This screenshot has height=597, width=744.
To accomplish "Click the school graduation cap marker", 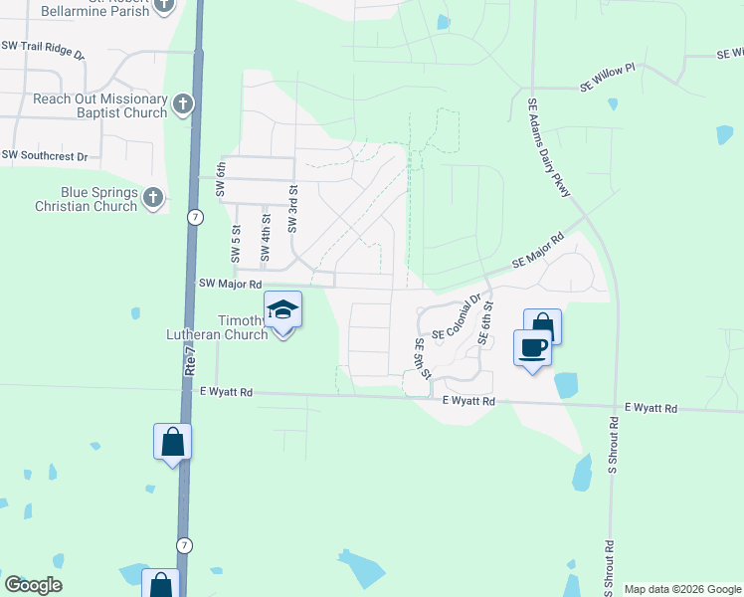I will click(283, 309).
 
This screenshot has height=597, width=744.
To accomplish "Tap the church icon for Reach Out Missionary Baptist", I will click(182, 105).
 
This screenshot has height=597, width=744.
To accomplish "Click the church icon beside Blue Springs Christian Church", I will click(153, 198).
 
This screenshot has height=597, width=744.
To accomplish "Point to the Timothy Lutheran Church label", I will click(244, 327).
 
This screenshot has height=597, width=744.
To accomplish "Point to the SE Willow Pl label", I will click(609, 87).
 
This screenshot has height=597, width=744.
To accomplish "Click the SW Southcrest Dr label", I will click(45, 155).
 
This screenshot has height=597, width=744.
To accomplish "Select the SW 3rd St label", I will click(293, 208).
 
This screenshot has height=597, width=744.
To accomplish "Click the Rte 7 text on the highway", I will click(189, 352).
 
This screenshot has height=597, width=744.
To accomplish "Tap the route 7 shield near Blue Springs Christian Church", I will click(195, 217).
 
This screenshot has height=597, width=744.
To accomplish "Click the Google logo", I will click(33, 585).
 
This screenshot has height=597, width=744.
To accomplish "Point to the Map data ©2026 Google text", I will click(682, 589).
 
